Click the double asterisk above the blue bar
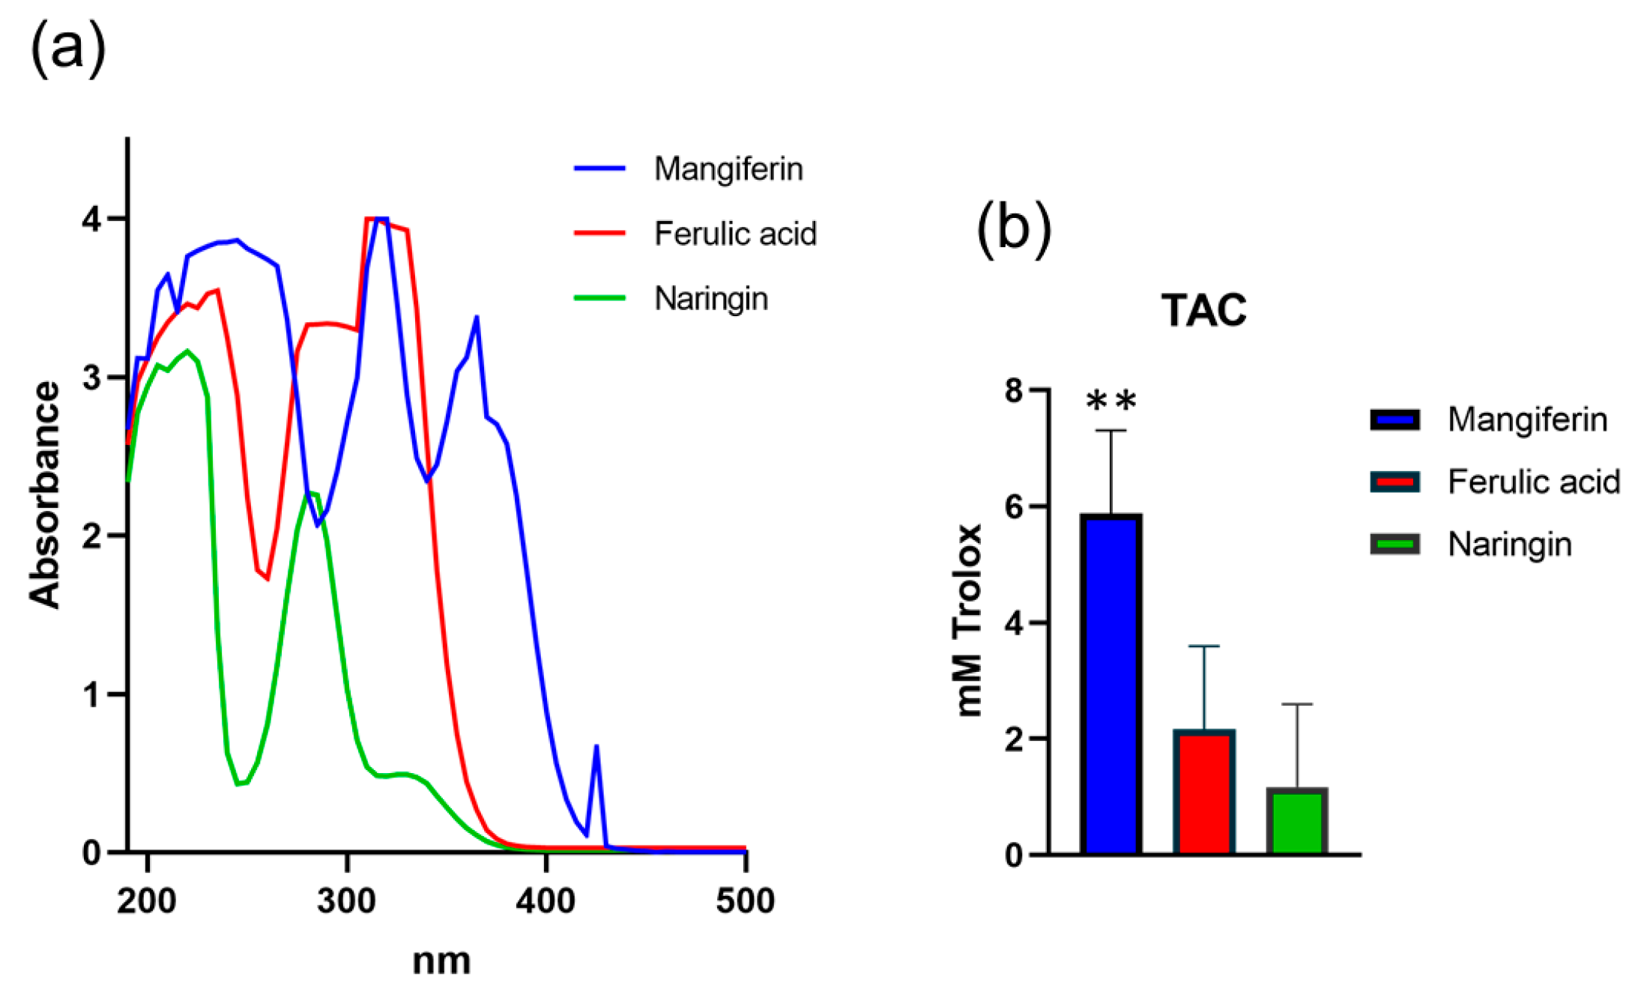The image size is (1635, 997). tap(1111, 401)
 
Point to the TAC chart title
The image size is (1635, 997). tap(1203, 310)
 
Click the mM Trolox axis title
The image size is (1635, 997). tap(969, 620)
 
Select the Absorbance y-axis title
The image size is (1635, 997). tap(45, 494)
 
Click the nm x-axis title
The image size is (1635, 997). tap(441, 961)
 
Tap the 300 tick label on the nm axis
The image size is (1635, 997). tap(346, 900)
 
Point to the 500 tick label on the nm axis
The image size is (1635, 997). tap(745, 900)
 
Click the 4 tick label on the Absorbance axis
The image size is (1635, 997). tap(91, 219)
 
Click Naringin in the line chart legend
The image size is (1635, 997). tap(710, 298)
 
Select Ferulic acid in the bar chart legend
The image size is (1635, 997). tap(1532, 482)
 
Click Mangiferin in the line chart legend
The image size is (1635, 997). tap(728, 169)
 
